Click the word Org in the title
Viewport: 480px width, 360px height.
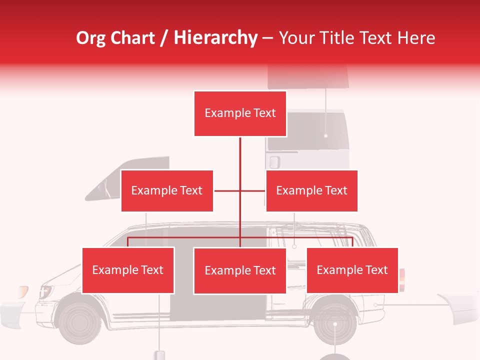click(x=91, y=38)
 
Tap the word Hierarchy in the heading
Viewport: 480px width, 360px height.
click(x=215, y=38)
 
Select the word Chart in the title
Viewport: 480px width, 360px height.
click(x=133, y=38)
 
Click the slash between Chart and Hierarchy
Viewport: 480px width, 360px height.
click(x=164, y=38)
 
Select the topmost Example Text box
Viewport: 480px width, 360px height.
click(x=240, y=113)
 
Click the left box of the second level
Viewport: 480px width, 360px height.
click(x=167, y=190)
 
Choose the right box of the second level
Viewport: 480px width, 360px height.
click(x=311, y=190)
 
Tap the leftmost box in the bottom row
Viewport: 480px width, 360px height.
click(x=128, y=270)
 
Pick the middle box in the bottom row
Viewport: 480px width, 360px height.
click(x=240, y=270)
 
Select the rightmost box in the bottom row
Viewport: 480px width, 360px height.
click(x=352, y=270)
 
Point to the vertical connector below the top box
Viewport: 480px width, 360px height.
click(x=240, y=155)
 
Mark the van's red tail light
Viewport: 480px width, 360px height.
click(x=402, y=280)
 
